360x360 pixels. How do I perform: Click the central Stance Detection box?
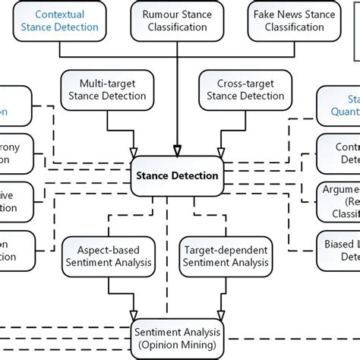pyautogui.click(x=178, y=175)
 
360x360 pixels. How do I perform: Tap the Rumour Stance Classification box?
pyautogui.click(x=177, y=21)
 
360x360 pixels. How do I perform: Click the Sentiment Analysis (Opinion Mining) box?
pyautogui.click(x=178, y=337)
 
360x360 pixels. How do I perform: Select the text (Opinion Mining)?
pyautogui.click(x=178, y=344)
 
